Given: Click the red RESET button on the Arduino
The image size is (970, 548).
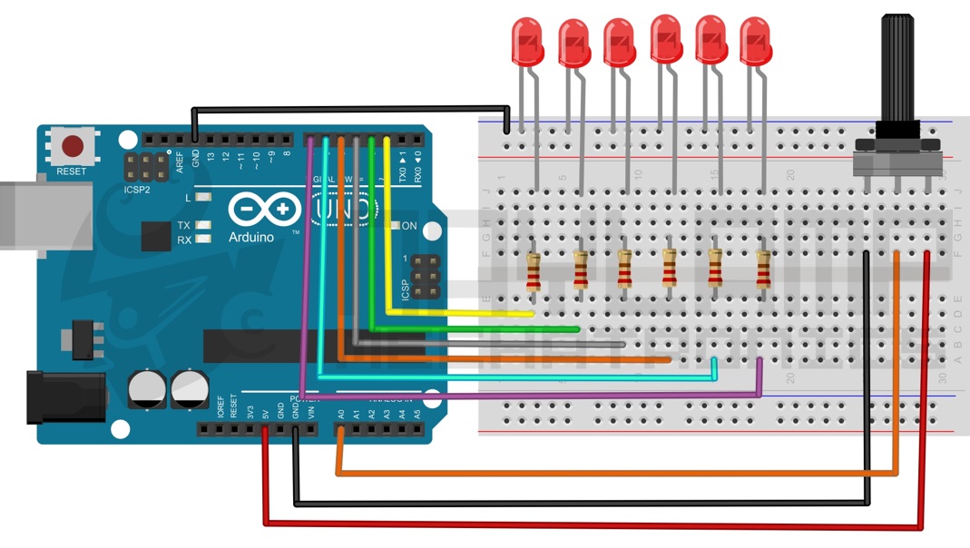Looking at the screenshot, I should [73, 146].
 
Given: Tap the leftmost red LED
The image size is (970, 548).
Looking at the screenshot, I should [526, 42].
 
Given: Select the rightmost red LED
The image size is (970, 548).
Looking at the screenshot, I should [754, 41].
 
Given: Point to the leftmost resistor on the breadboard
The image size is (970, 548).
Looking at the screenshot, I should [534, 270].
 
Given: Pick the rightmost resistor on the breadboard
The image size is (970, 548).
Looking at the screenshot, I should [763, 269].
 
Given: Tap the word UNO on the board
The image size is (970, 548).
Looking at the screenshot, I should [345, 210].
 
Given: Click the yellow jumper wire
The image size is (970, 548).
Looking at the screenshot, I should [454, 313].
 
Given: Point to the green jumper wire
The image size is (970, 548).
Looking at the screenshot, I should [472, 328].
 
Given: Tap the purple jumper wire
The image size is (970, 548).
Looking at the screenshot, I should [544, 396].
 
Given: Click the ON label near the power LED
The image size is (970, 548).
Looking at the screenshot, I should [409, 226].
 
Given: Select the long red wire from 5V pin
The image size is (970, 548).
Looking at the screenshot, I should [590, 525].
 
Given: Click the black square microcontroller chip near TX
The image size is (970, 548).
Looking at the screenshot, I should [155, 236].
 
